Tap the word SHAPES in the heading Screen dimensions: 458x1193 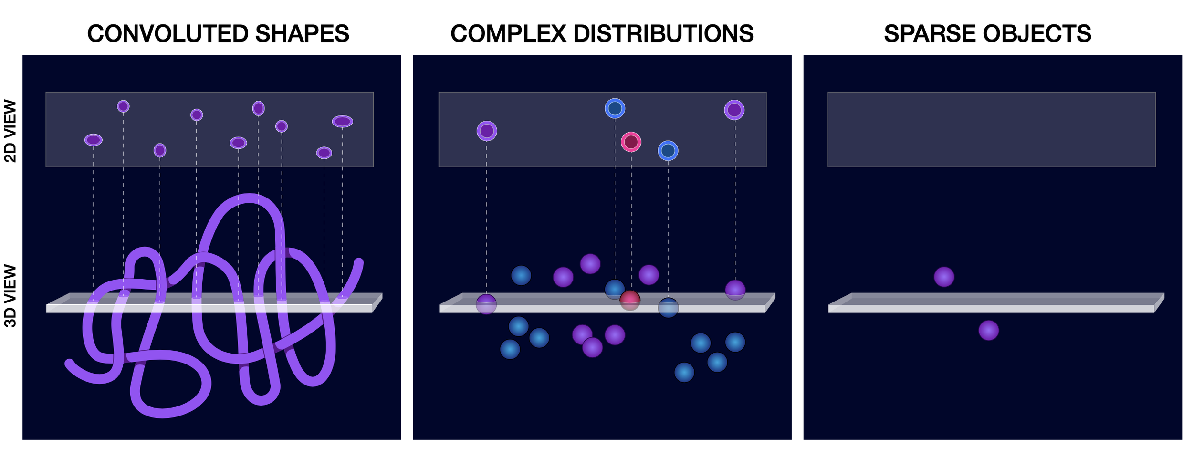point(302,34)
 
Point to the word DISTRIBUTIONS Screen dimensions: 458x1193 point(663,34)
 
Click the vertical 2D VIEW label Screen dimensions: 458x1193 point(10,131)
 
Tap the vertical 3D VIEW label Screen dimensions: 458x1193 point(10,296)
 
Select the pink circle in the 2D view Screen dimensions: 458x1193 point(631,142)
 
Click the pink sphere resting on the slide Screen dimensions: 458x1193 point(630,300)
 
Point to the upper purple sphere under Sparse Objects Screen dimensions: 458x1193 point(944,277)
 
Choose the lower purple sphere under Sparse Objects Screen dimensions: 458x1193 point(989,330)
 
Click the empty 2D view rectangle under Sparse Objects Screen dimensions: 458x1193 point(992,129)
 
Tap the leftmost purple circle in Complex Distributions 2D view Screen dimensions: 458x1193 point(487,131)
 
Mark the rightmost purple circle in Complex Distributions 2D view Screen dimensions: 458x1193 point(734,110)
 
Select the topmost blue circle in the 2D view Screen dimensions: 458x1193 point(615,108)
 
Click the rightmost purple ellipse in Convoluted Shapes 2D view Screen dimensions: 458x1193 point(343,122)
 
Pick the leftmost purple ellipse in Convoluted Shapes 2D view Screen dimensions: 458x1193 point(94,140)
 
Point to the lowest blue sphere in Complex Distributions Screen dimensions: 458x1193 point(684,372)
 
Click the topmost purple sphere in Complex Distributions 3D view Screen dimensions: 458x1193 point(590,264)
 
